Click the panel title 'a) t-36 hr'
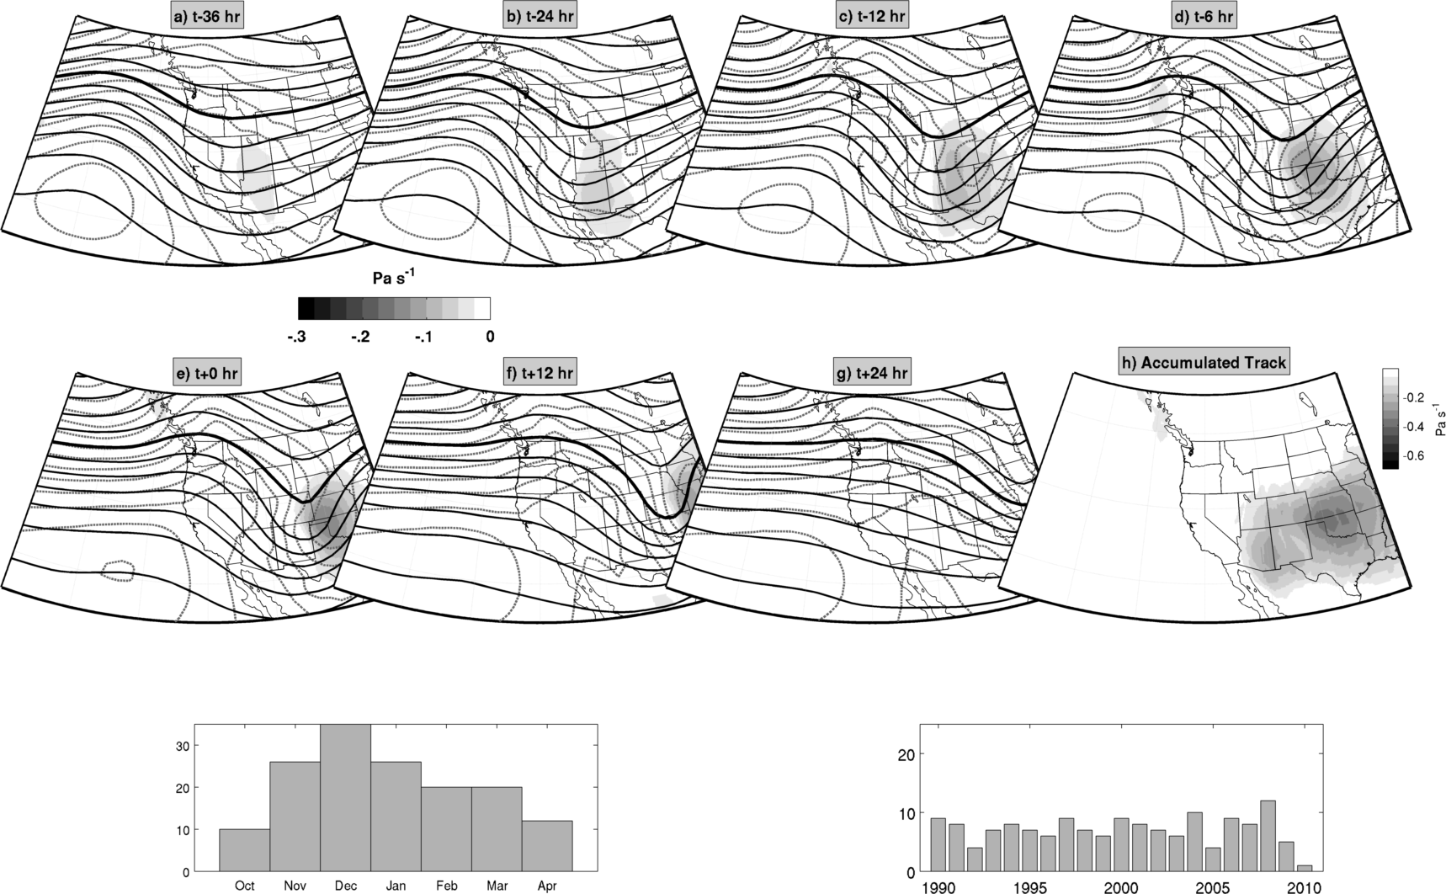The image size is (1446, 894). (x=208, y=17)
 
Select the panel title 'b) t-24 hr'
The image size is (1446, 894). (x=544, y=17)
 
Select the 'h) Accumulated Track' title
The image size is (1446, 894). (x=1204, y=362)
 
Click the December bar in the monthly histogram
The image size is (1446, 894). (x=345, y=798)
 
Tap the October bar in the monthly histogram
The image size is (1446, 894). (x=244, y=850)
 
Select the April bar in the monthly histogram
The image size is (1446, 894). (x=547, y=846)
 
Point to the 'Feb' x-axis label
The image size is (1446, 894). (x=446, y=886)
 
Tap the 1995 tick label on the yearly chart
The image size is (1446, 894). (x=1029, y=886)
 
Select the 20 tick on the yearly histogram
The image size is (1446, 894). (x=905, y=754)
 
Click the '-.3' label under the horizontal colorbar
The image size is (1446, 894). (x=296, y=337)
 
